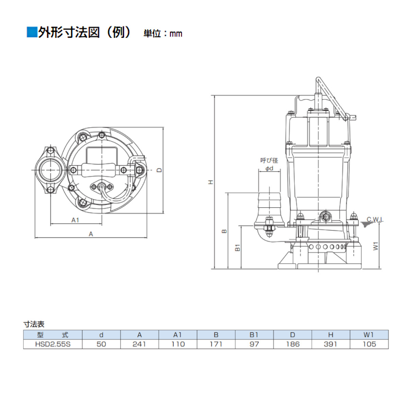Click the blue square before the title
[31, 32]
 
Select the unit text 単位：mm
[163, 34]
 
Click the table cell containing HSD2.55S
[53, 344]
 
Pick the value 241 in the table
[139, 344]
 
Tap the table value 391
[330, 344]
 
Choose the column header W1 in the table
[369, 335]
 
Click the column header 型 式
[53, 335]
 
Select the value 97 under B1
[254, 344]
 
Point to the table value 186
[292, 344]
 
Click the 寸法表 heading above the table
[34, 324]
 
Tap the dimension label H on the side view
[211, 182]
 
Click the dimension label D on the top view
[159, 170]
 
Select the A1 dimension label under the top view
[75, 220]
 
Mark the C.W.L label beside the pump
[375, 220]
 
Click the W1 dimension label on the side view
[375, 246]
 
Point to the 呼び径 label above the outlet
[269, 160]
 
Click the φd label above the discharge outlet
[269, 168]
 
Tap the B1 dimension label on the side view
[238, 248]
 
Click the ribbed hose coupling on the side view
[269, 202]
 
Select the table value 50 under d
[101, 344]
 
